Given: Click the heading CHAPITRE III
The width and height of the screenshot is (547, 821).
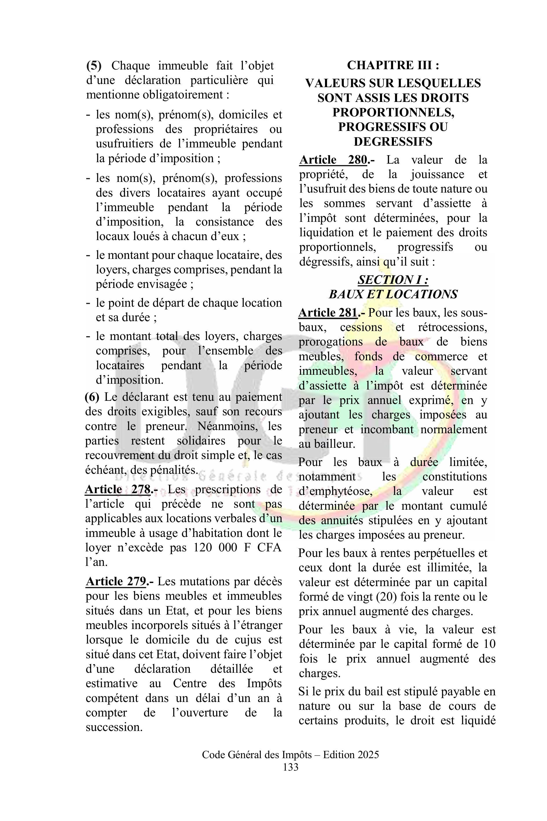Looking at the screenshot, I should point(393,65).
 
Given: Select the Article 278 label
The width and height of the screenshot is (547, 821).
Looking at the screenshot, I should point(118,489).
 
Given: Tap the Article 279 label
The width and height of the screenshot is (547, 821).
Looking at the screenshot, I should point(116,582).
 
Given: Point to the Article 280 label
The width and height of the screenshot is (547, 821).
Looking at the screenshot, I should point(333,160).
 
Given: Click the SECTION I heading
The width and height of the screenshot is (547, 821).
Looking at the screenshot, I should point(393,280).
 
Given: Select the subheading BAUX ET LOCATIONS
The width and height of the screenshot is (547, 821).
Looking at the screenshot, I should point(393,295).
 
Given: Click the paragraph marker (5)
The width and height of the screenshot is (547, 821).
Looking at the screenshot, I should point(94,66).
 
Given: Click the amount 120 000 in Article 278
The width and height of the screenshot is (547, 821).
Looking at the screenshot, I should point(213,547).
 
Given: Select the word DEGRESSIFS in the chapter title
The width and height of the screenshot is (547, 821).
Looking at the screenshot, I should point(393,142).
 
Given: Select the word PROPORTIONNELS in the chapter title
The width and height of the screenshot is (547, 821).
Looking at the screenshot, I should point(393,112).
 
